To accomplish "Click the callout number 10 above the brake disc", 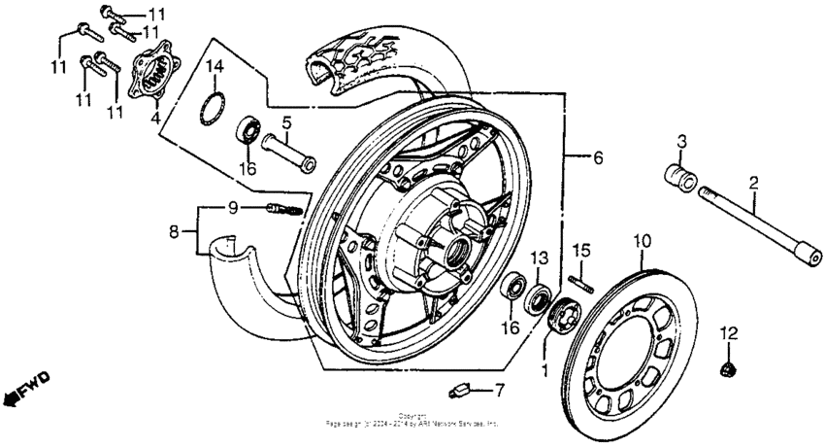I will pos(641,238).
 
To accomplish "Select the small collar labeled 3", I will pos(681,180).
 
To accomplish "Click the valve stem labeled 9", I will pos(281,208).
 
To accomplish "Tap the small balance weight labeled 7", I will pos(460,392).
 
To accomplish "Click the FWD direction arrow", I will pos(26,387).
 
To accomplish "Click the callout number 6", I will pos(598,156).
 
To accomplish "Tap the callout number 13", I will pos(540,258).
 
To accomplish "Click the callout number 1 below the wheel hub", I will pos(544,369).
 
